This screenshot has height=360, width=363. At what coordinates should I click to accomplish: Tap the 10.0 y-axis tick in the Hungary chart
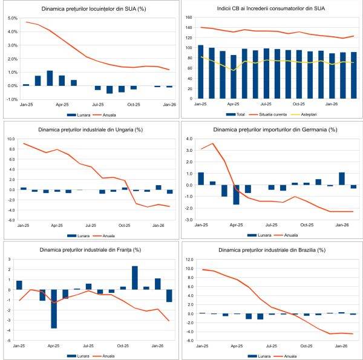pyautogui.click(x=11, y=139)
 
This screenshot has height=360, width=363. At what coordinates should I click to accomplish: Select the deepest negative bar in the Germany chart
pyautogui.click(x=236, y=194)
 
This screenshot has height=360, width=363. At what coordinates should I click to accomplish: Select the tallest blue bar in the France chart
pyautogui.click(x=134, y=278)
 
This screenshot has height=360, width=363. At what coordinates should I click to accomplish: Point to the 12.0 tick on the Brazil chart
pyautogui.click(x=190, y=260)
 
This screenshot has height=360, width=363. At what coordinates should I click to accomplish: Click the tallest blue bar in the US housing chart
pyautogui.click(x=50, y=78)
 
